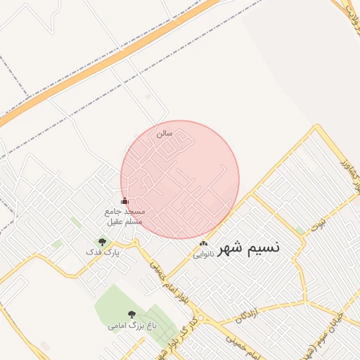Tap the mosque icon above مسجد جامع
tap(125, 201)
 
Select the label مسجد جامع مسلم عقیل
tap(124, 217)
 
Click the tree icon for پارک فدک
tap(103, 242)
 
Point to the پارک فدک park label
tap(103, 252)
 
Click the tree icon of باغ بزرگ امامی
tap(131, 315)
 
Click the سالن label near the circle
tap(164, 133)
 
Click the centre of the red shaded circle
tap(180, 180)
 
